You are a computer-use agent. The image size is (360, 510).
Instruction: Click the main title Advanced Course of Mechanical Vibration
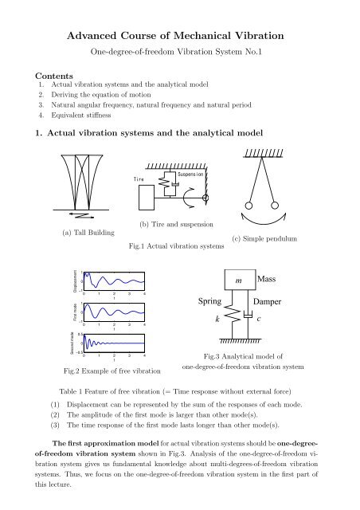[180, 37]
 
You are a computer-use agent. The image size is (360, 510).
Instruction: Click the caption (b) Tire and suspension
[176, 226]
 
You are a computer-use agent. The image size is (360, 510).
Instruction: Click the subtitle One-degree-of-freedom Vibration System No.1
[180, 53]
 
